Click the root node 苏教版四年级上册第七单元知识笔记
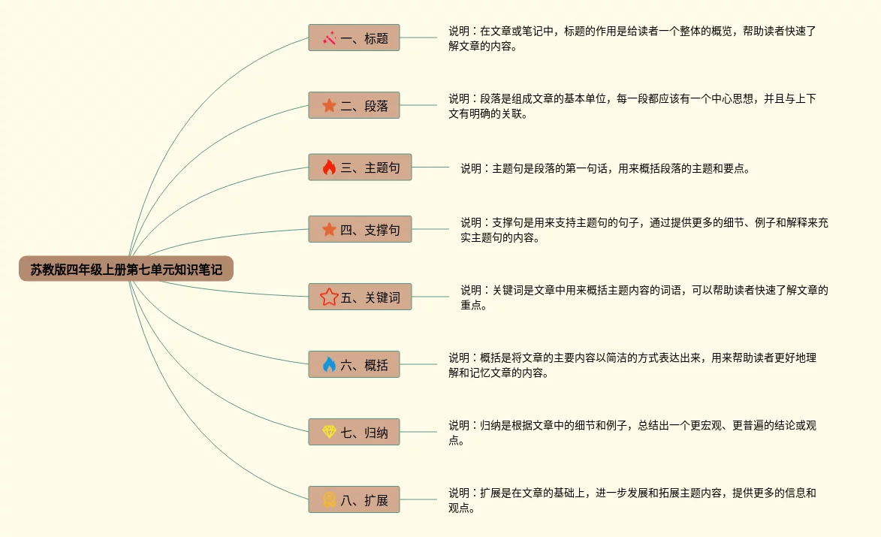[126, 269]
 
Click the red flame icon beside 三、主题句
[329, 167]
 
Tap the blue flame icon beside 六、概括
[329, 365]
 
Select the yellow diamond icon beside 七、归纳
[329, 432]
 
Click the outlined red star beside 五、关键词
[329, 297]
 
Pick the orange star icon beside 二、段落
[329, 106]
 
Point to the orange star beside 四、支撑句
[329, 230]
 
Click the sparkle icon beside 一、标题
[329, 38]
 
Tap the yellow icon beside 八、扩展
[329, 499]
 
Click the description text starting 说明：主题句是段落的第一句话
[605, 168]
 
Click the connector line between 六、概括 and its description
[418, 365]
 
